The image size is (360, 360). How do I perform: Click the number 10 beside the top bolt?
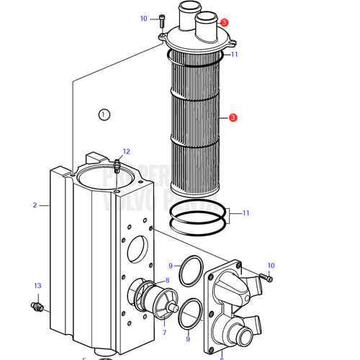point(143,19)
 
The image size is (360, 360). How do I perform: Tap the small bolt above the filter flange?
point(162,22)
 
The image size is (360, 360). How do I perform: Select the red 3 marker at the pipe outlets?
point(225,23)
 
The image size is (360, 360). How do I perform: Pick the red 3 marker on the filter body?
point(233,117)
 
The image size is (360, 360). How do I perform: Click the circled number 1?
point(104,114)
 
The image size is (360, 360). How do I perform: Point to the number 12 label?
point(126,151)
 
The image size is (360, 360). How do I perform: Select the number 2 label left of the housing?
point(34,205)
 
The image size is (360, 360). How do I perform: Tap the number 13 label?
point(37,286)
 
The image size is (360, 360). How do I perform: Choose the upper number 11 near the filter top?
point(234,55)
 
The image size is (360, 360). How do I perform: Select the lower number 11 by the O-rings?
point(246,213)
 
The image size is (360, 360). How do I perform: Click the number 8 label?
point(167,280)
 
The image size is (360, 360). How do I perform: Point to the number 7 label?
point(163,333)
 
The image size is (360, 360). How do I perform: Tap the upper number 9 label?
point(171,266)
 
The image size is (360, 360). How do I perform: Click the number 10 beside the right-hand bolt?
point(271,266)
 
